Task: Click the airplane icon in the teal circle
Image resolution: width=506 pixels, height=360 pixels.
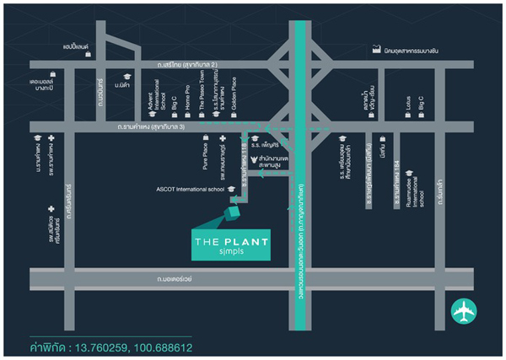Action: (465, 313)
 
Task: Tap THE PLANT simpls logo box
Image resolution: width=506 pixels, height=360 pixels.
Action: (232, 245)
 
